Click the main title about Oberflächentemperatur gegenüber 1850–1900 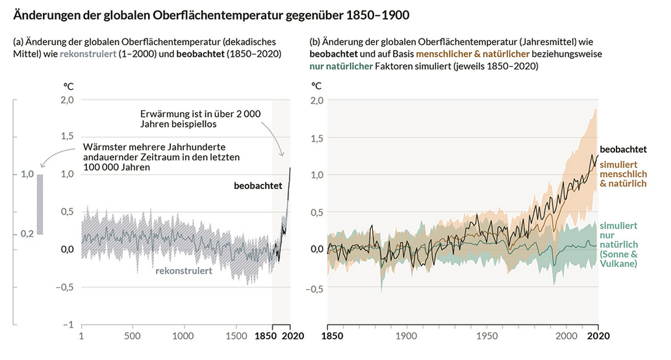pyautogui.click(x=211, y=14)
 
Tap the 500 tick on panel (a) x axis pyautogui.click(x=132, y=337)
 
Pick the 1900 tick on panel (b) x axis pyautogui.click(x=407, y=337)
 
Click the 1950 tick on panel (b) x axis pyautogui.click(x=487, y=337)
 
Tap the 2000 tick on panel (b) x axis pyautogui.click(x=566, y=337)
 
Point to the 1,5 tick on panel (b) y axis pyautogui.click(x=316, y=137)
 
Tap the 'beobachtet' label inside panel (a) pyautogui.click(x=258, y=186)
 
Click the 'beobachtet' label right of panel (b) pyautogui.click(x=622, y=149)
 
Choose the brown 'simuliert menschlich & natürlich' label pyautogui.click(x=623, y=174)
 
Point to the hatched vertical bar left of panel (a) pyautogui.click(x=40, y=204)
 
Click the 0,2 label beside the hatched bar pyautogui.click(x=27, y=233)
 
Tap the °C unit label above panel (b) pyautogui.click(x=316, y=85)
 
